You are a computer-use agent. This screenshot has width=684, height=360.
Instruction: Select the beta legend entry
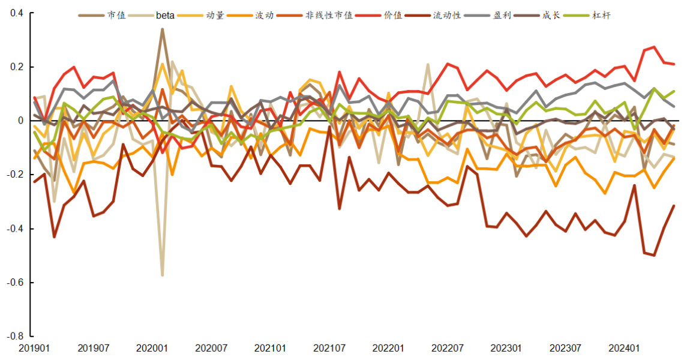point(165,16)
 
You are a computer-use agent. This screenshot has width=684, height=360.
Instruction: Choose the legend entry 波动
point(265,16)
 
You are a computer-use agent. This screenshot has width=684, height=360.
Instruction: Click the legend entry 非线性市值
point(329,16)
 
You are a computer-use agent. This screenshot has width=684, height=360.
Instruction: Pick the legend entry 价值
point(394,16)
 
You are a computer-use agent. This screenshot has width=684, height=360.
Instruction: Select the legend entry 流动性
point(447,16)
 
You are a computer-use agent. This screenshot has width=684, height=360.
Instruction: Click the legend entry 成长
point(551,16)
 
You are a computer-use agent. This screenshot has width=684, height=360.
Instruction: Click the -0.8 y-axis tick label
point(14,336)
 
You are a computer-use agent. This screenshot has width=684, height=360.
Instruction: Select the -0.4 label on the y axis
point(14,229)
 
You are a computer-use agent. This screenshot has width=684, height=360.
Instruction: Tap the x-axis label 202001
point(152,348)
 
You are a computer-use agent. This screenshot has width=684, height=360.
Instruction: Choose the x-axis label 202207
point(447,348)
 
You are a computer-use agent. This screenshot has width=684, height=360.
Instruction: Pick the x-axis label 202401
point(624,348)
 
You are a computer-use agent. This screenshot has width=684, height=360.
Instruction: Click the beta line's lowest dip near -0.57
point(162,274)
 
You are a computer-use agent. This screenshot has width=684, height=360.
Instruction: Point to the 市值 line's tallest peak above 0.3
point(162,29)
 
